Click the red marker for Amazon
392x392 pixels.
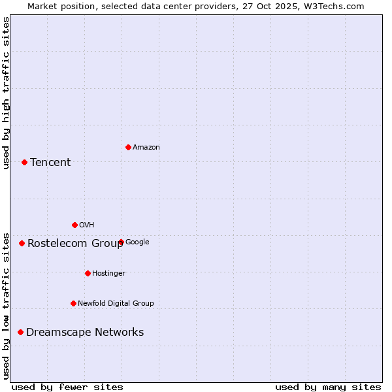click(x=128, y=147)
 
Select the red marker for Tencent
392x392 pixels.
click(x=24, y=162)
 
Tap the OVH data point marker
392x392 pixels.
click(x=74, y=225)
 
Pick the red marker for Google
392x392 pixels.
click(x=121, y=242)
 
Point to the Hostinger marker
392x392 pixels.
click(x=88, y=273)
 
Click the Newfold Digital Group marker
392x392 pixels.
click(x=73, y=303)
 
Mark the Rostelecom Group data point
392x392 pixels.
click(x=22, y=243)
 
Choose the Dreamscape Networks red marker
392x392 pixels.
click(x=20, y=332)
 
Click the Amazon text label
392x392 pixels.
click(x=146, y=148)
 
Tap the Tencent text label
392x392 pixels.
click(x=50, y=163)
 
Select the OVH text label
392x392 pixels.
click(x=87, y=225)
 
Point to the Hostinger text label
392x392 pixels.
click(x=108, y=274)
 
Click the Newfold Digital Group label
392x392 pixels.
click(x=116, y=304)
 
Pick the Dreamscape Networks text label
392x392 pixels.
click(x=85, y=333)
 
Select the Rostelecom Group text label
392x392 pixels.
click(x=75, y=244)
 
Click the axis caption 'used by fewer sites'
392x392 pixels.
click(x=67, y=387)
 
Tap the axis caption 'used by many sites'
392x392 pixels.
click(x=328, y=387)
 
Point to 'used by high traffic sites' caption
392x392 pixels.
click(x=6, y=93)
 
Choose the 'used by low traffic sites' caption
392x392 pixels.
click(x=6, y=305)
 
